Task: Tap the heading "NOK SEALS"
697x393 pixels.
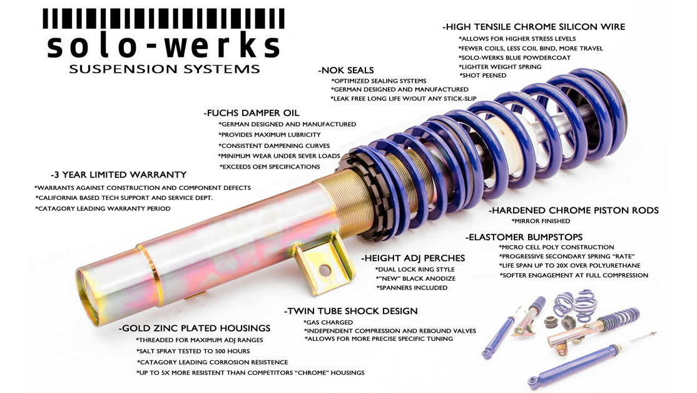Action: coord(346,70)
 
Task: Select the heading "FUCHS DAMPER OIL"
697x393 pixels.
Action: coord(251,113)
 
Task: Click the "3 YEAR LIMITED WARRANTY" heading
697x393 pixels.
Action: coord(118,174)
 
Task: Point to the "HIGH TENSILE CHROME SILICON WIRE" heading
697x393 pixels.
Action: coord(534,27)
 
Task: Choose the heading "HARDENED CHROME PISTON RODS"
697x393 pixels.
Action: coord(573,210)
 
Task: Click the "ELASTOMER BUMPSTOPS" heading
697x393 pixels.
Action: coord(524,237)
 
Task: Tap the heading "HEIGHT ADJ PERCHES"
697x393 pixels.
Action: coord(413,258)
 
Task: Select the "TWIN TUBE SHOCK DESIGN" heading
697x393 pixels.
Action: coord(351,311)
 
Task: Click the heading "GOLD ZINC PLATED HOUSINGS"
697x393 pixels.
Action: coord(194,328)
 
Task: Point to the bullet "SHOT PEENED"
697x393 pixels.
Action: coord(483,76)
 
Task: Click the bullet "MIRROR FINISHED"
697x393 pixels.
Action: coord(541,221)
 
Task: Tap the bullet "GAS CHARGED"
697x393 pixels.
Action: coord(328,322)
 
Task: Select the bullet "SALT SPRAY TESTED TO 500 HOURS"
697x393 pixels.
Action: coord(193,351)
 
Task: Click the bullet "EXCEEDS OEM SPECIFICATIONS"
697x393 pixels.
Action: coord(270,167)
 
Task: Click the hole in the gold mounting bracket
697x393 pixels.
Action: coord(325,270)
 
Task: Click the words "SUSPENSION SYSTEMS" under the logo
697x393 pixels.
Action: coord(164,69)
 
